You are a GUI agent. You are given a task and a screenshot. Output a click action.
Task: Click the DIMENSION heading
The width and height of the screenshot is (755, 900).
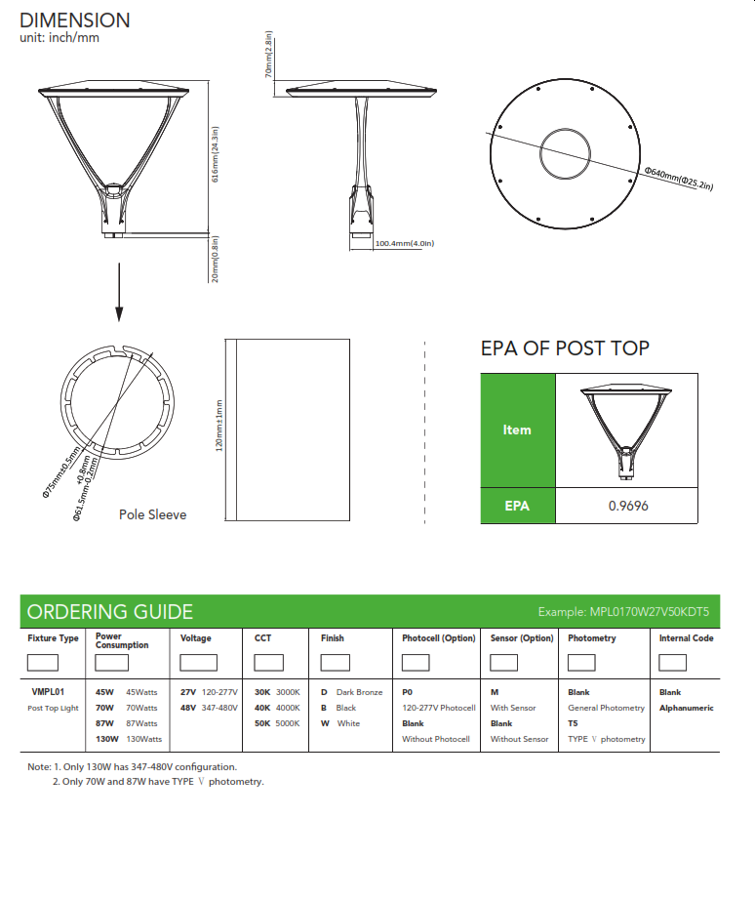pyautogui.click(x=75, y=20)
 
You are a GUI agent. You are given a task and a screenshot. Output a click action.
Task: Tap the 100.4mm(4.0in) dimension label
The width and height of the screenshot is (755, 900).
pyautogui.click(x=404, y=243)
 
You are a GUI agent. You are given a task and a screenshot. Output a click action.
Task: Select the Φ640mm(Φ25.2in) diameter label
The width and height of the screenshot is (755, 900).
pyautogui.click(x=678, y=178)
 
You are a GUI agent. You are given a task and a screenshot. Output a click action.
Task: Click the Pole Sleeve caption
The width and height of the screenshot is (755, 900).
pyautogui.click(x=152, y=514)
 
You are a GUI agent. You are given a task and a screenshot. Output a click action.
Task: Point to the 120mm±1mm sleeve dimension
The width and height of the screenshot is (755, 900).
pyautogui.click(x=219, y=426)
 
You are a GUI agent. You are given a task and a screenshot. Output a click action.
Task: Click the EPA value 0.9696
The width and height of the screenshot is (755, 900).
pyautogui.click(x=627, y=506)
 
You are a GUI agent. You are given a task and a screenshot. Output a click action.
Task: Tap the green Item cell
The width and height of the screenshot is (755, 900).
pyautogui.click(x=517, y=430)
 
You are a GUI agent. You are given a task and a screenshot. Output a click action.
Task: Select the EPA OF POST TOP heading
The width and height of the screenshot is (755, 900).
pyautogui.click(x=565, y=348)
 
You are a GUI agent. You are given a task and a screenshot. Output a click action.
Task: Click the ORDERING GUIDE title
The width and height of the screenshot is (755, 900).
pyautogui.click(x=110, y=612)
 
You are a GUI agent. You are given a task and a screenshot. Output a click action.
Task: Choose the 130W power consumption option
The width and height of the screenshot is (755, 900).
pyautogui.click(x=107, y=739)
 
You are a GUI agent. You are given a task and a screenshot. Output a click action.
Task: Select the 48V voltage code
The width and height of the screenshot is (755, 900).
pyautogui.click(x=188, y=708)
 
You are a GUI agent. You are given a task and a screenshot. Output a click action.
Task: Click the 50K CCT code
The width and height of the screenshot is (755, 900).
pyautogui.click(x=262, y=723)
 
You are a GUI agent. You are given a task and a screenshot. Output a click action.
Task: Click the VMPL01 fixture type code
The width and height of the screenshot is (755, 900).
pyautogui.click(x=49, y=692)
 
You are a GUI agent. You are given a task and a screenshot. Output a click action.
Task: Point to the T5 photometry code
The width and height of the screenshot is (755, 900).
pyautogui.click(x=574, y=723)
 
